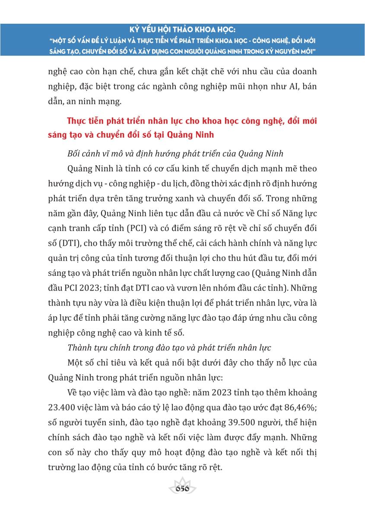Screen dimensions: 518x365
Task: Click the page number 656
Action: point(182,489)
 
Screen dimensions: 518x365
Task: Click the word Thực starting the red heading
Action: point(75,121)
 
